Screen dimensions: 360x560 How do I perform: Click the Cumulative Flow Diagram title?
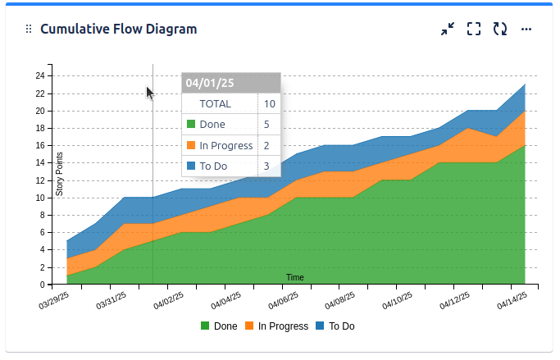pos(118,30)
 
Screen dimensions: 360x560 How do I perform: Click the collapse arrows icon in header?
pos(447,29)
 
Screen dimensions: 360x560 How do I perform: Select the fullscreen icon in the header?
pos(473,29)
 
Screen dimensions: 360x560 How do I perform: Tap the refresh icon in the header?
pos(499,29)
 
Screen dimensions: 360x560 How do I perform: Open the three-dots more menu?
pos(526,29)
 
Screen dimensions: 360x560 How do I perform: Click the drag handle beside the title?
pos(29,30)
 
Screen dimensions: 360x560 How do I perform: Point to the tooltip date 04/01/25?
pos(210,83)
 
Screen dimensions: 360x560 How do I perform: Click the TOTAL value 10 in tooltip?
pos(270,104)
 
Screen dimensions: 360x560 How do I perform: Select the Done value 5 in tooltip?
pos(266,125)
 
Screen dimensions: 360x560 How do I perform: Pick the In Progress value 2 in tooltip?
pos(266,146)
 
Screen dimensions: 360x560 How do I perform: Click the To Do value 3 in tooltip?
pos(266,166)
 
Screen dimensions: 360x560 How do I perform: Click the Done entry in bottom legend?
pos(219,326)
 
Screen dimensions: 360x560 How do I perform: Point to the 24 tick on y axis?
pos(39,75)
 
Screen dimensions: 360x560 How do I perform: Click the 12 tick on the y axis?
pos(39,180)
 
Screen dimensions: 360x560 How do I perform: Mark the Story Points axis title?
pos(59,174)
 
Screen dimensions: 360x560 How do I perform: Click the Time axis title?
pos(295,277)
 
